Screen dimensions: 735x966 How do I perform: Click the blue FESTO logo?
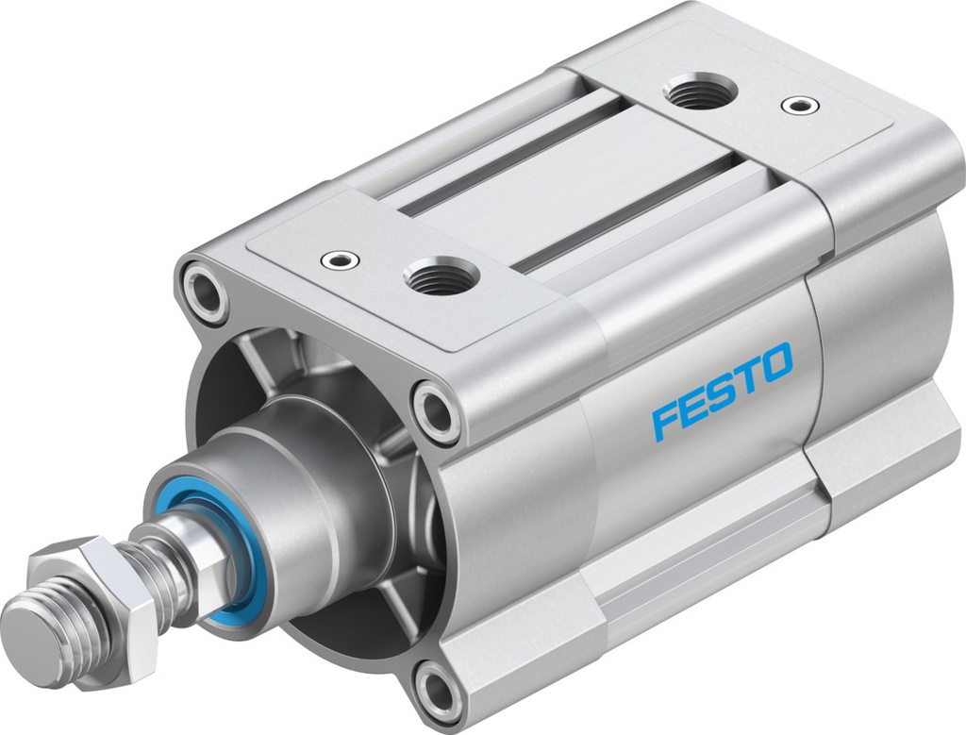722,390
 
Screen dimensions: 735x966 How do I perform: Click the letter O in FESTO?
776,361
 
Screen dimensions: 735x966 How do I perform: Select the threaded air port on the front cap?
441,276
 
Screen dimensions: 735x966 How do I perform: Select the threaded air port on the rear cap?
699,92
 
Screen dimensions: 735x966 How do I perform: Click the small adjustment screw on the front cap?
339,258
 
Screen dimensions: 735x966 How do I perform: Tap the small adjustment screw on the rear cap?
800,104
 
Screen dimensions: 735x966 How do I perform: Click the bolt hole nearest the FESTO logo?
436,411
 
